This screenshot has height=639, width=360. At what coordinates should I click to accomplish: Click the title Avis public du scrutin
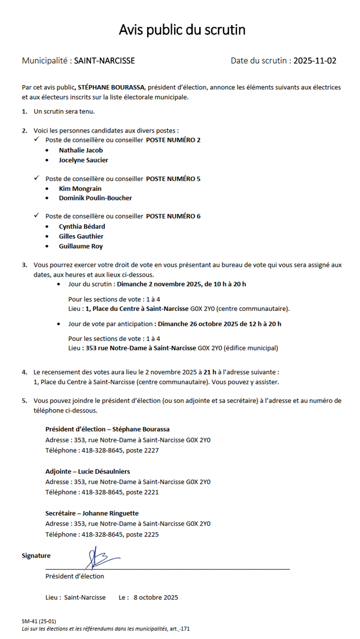pyautogui.click(x=182, y=30)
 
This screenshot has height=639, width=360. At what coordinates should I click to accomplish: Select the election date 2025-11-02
pyautogui.click(x=315, y=61)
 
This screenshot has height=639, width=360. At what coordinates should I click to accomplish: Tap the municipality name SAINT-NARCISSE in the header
pyautogui.click(x=104, y=61)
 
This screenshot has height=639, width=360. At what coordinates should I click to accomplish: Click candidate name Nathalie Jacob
pyautogui.click(x=81, y=150)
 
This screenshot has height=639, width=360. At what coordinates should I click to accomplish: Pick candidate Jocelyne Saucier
pyautogui.click(x=84, y=160)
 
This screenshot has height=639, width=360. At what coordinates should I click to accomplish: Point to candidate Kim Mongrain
pyautogui.click(x=80, y=189)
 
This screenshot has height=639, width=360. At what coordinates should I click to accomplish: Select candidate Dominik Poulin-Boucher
pyautogui.click(x=95, y=198)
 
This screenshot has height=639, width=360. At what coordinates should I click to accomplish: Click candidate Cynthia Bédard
pyautogui.click(x=82, y=226)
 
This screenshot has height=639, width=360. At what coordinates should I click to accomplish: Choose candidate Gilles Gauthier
pyautogui.click(x=81, y=237)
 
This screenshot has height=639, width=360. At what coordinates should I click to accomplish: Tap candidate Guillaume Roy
pyautogui.click(x=81, y=246)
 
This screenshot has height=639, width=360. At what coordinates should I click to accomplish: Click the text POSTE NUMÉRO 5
pyautogui.click(x=173, y=179)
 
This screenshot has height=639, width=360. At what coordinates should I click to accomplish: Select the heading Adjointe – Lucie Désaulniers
pyautogui.click(x=88, y=471)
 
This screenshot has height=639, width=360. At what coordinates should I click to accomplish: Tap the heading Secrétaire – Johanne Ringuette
pyautogui.click(x=92, y=513)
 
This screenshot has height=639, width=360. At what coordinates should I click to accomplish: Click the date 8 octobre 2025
pyautogui.click(x=156, y=597)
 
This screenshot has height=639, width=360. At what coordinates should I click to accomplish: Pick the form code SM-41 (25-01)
pyautogui.click(x=39, y=621)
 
